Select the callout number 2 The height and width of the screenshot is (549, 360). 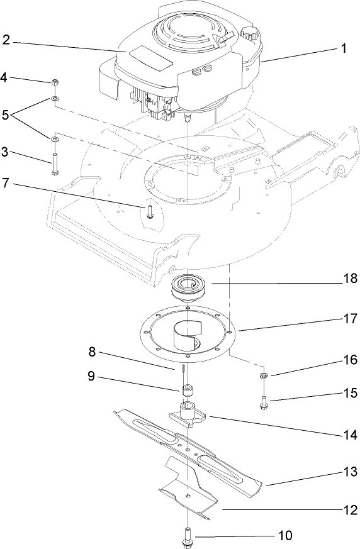6,40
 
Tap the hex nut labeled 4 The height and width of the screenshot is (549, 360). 55,82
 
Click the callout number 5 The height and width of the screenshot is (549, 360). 6,115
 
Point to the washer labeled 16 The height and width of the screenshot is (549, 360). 262,376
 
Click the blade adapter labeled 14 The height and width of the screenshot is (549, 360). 189,416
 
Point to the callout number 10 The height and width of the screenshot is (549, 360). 284,536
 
